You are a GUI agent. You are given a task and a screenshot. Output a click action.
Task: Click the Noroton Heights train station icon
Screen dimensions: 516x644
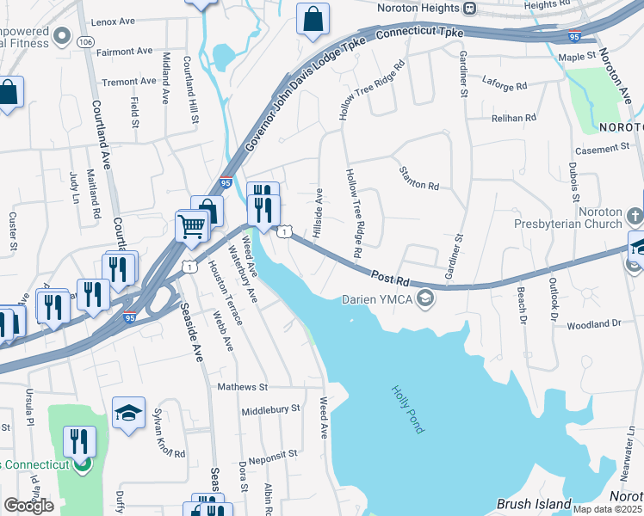click(469, 8)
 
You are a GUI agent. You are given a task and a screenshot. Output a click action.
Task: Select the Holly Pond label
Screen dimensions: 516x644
click(407, 408)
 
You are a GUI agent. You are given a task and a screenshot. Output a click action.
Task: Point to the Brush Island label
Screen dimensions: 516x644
click(534, 504)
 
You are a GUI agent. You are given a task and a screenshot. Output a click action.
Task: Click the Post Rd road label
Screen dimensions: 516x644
click(391, 279)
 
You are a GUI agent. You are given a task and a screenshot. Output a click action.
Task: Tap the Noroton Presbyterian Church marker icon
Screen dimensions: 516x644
click(635, 214)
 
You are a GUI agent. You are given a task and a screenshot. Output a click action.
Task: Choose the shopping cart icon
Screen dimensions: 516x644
click(191, 227)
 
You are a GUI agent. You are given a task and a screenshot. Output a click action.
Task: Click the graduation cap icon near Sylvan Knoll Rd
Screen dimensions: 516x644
click(128, 412)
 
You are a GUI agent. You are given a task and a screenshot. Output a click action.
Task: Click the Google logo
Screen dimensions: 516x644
click(29, 506)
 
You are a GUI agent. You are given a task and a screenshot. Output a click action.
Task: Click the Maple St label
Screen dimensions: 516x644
click(577, 57)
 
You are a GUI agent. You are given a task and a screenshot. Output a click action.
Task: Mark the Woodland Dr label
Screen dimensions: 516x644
click(594, 324)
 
